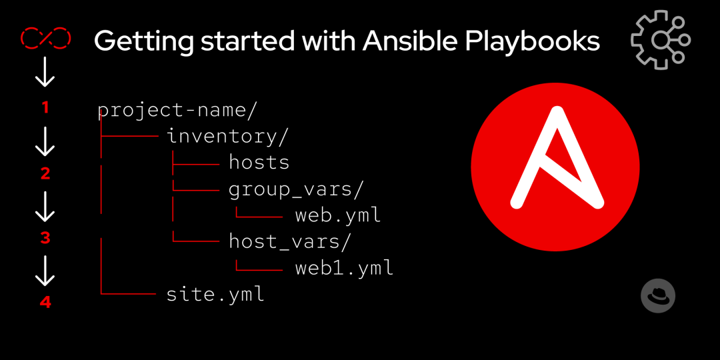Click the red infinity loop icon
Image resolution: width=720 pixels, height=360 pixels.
45,39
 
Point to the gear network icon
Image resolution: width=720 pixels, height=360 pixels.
660,39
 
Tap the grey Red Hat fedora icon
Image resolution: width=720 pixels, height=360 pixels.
658,295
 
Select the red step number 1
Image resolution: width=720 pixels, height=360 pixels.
45,107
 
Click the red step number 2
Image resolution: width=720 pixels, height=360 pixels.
45,173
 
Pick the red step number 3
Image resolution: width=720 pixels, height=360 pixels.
45,238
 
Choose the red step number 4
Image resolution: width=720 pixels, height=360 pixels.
45,302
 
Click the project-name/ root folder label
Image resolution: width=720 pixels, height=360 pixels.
177,110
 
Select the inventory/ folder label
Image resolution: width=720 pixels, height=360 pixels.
227,136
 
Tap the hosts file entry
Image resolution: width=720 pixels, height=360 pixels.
259,162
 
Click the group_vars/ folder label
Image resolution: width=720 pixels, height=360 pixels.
296,189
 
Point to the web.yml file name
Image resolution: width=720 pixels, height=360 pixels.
338,215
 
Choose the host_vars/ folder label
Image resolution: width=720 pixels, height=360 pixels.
289,241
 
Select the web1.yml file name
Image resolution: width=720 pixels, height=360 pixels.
344,268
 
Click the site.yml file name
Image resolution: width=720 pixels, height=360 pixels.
215,294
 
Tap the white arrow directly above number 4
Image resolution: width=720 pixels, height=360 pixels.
45,271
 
